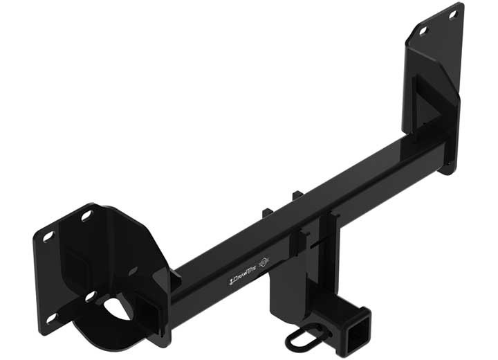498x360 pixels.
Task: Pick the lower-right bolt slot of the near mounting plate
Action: click(x=91, y=296)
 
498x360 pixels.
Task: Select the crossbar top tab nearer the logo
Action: click(x=267, y=211)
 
